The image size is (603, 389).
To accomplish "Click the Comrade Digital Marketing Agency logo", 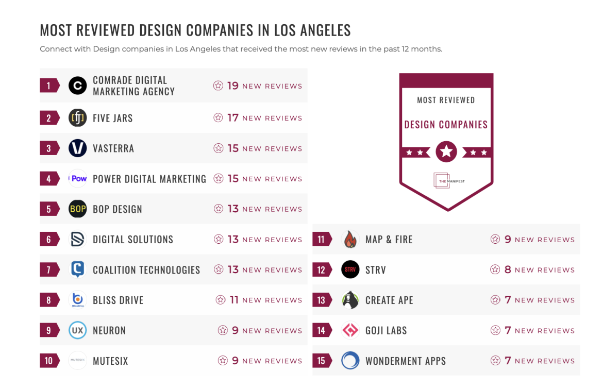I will click(x=78, y=86).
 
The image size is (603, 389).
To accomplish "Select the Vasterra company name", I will click(x=113, y=148).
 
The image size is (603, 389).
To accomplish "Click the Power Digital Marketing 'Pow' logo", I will click(x=78, y=179).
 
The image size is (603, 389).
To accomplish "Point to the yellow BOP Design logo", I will click(x=78, y=209).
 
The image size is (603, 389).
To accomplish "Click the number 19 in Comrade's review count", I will click(x=233, y=86).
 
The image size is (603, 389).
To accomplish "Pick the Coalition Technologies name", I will click(x=146, y=270).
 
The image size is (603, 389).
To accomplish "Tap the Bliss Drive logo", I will click(x=78, y=300).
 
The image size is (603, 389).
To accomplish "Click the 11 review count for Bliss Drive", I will click(x=234, y=300).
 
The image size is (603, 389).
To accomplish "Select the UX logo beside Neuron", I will click(x=78, y=330).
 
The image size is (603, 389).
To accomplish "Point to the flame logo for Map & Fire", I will click(x=350, y=240).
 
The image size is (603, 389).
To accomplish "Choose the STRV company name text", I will click(x=375, y=270).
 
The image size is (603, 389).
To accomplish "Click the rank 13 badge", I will click(x=322, y=300).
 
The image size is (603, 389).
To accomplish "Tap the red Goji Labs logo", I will click(x=350, y=330).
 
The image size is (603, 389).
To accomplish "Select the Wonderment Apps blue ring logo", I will click(x=350, y=361).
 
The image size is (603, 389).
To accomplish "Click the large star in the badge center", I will click(x=446, y=152).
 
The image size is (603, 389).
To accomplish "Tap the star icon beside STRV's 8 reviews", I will click(x=495, y=270).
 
